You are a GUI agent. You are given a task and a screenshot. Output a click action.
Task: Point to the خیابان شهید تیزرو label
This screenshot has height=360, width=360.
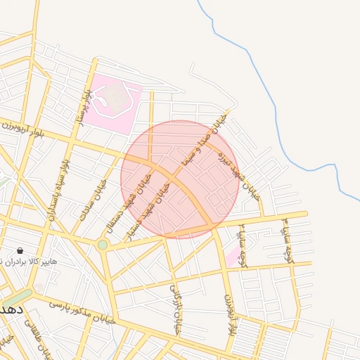[x=239, y=176]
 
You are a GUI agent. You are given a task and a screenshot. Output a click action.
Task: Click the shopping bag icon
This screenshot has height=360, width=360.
[x=20, y=250]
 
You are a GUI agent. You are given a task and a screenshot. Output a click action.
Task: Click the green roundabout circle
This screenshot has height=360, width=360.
[x=103, y=245]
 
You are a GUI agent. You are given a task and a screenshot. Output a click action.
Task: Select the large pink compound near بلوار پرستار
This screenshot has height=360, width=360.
[x=112, y=103]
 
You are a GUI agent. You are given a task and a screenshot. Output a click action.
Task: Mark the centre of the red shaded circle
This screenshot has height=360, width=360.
[x=180, y=179]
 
